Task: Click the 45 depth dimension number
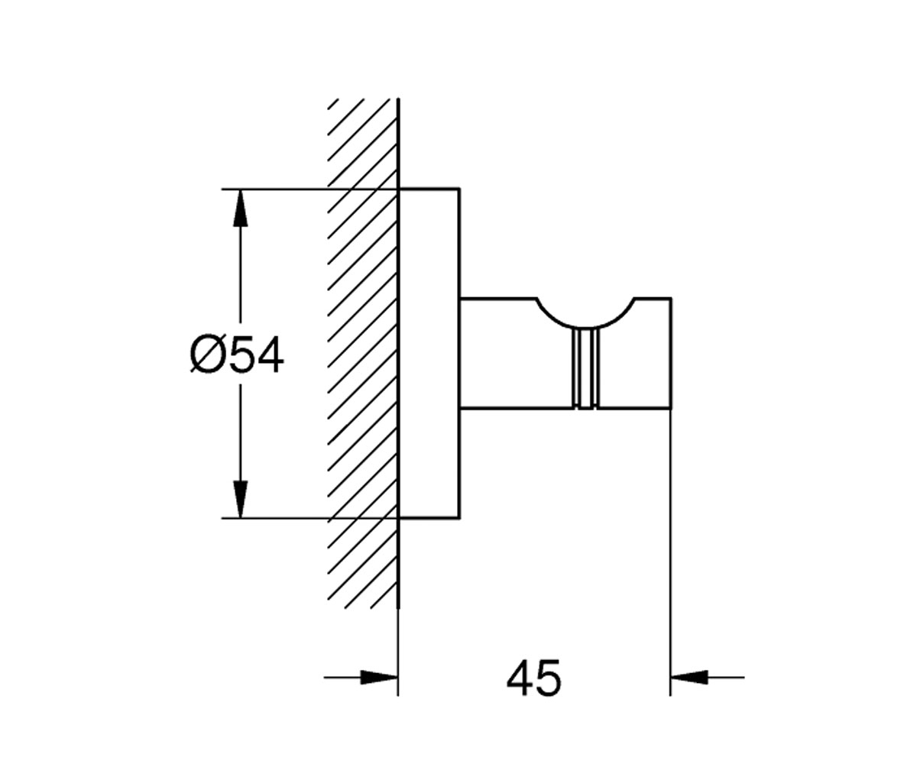pos(533,678)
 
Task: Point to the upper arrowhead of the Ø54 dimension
pos(240,208)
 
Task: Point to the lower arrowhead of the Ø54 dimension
pos(240,500)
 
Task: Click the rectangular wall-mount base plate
pos(429,354)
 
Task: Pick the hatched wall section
pos(363,354)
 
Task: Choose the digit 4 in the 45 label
pos(520,678)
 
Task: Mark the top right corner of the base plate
pos(460,189)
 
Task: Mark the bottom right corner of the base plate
pos(460,519)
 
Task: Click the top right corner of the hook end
pos(671,298)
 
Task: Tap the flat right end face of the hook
pos(671,354)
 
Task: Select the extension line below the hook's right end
pos(671,552)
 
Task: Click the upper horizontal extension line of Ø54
pos(309,189)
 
